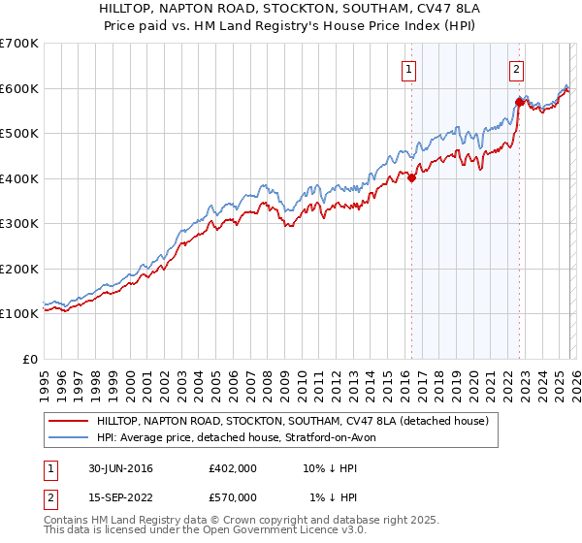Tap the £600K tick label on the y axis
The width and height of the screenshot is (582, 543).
[19, 88]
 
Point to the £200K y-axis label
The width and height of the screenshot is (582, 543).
[19, 269]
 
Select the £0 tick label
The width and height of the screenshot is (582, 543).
[30, 359]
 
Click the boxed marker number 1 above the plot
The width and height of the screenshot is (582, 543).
[408, 69]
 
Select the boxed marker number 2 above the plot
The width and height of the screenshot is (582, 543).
[517, 69]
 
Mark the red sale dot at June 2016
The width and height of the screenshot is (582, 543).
[411, 177]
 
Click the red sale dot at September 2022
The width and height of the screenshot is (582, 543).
[519, 102]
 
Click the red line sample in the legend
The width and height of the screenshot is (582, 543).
[69, 421]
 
